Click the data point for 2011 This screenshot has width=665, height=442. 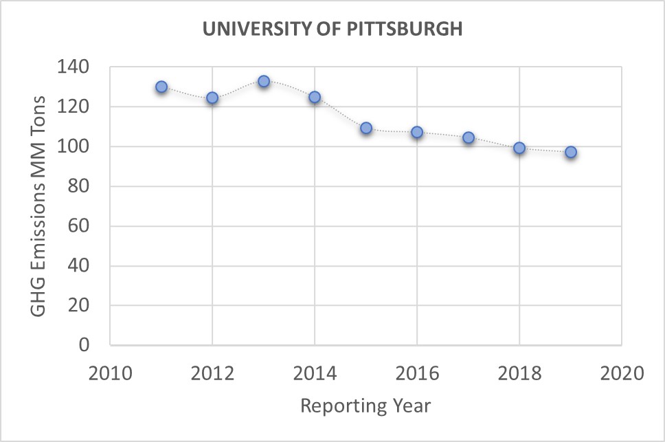161,87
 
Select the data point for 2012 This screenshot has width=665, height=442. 212,98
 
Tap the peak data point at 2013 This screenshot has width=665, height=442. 264,81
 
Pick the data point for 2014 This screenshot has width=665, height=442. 315,97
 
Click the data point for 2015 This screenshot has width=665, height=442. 366,128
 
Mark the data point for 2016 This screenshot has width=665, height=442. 417,132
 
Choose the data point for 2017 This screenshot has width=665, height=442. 469,137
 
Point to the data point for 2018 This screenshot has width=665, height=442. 519,148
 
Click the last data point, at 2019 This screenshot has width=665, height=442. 571,152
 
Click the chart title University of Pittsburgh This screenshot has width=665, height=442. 332,30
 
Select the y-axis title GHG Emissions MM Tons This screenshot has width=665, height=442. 39,206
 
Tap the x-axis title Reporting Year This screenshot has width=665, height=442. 365,406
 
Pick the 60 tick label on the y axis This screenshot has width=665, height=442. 80,226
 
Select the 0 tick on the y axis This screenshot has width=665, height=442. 85,345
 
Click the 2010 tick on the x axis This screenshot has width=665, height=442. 110,374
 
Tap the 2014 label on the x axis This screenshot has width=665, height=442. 315,374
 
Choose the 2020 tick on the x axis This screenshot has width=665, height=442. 621,374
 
